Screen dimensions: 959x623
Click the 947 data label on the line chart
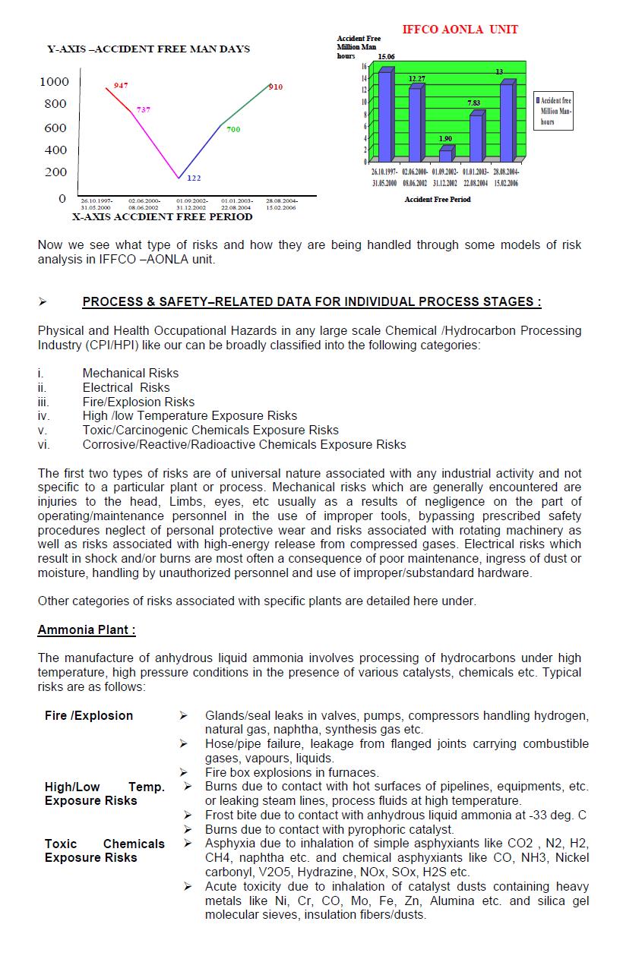click(x=121, y=85)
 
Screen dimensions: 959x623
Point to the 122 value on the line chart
click(x=194, y=178)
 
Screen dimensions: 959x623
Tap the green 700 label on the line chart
click(x=233, y=130)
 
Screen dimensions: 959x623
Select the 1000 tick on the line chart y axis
click(x=54, y=81)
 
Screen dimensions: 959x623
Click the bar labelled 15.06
click(x=384, y=115)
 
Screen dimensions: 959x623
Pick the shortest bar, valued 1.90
click(x=445, y=155)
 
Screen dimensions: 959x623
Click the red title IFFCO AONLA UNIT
click(x=460, y=30)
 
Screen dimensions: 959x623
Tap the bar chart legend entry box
click(x=553, y=111)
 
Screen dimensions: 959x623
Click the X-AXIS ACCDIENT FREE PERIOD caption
click(x=162, y=216)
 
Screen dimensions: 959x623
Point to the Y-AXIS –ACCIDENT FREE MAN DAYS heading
click(x=148, y=49)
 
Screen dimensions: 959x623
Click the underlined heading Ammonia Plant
click(x=87, y=630)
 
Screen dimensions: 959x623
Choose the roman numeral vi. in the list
click(x=44, y=444)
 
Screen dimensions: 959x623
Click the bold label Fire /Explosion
click(x=88, y=715)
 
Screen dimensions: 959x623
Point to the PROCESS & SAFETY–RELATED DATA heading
click(x=311, y=301)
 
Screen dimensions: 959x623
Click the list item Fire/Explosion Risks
click(x=138, y=402)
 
